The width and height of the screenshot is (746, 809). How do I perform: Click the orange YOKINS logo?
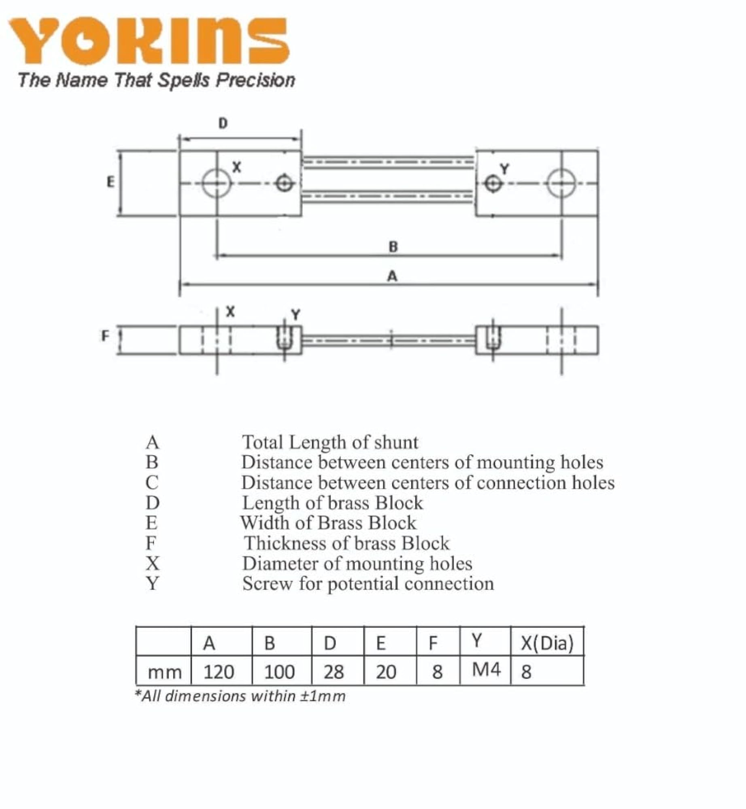tap(149, 40)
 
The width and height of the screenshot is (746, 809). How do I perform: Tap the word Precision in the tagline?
tap(255, 80)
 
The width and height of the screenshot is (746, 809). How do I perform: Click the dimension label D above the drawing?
tap(223, 123)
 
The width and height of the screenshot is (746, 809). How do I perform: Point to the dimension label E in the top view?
tap(111, 182)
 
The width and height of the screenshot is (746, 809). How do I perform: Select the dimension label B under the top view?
tap(393, 246)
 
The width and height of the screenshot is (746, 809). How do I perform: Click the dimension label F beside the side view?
tap(105, 336)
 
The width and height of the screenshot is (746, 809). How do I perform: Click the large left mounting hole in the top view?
tap(217, 183)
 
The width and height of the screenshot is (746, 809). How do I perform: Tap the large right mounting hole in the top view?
tap(561, 183)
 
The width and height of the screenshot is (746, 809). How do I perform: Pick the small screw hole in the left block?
tap(285, 184)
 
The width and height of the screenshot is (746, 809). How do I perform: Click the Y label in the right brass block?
tap(504, 169)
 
